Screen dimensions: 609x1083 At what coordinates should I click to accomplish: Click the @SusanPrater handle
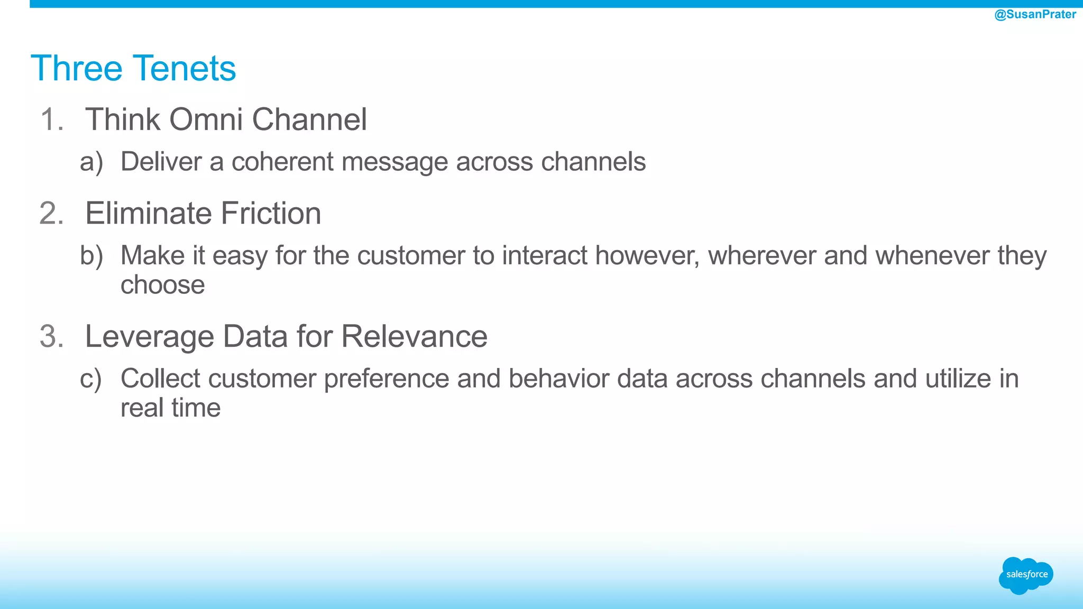pos(1035,14)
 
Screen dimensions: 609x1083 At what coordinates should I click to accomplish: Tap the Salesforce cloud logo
pos(1026,575)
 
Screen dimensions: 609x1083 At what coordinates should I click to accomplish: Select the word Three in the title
pos(77,69)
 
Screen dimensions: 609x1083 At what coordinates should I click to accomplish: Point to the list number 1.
pos(51,119)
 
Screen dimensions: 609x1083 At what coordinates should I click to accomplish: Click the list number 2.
pos(51,214)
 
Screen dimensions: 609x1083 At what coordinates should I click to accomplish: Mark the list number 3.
pos(51,337)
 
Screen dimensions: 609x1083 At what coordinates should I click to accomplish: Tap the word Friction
pos(270,214)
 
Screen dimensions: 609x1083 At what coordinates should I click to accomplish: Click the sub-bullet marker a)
pos(91,162)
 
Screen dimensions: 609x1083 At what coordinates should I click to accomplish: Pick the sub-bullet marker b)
pos(91,256)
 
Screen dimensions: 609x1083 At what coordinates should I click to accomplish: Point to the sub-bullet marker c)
pos(90,379)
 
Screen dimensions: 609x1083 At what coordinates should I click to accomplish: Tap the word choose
pos(162,285)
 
